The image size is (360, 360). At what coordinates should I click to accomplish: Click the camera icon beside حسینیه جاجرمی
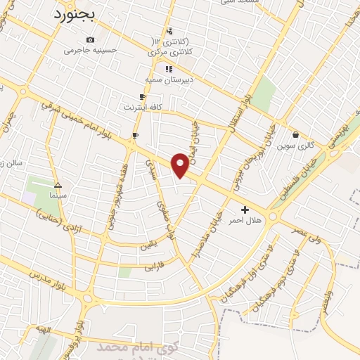point(90,39)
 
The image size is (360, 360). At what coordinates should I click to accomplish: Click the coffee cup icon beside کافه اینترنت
point(142,96)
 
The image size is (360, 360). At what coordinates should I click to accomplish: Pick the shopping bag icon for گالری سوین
point(295,134)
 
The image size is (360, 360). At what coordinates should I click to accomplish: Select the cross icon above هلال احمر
point(245,210)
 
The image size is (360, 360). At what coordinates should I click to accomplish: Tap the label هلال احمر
point(245,220)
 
